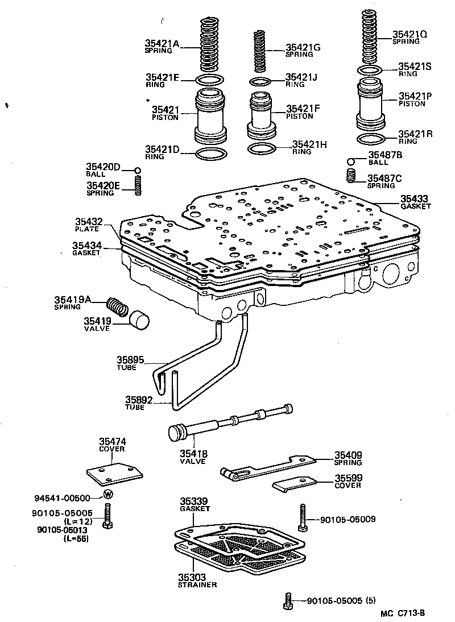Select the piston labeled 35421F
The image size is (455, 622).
[x=262, y=117]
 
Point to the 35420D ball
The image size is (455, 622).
[x=137, y=170]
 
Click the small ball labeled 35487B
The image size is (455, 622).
[x=353, y=161]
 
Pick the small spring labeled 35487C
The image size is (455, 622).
[x=352, y=176]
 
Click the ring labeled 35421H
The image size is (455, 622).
[x=262, y=148]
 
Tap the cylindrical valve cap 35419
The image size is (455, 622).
[x=139, y=320]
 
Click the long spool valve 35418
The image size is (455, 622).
[x=227, y=424]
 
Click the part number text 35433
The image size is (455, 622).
[x=413, y=198]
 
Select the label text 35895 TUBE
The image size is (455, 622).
[x=131, y=363]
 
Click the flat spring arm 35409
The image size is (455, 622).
[x=267, y=467]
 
